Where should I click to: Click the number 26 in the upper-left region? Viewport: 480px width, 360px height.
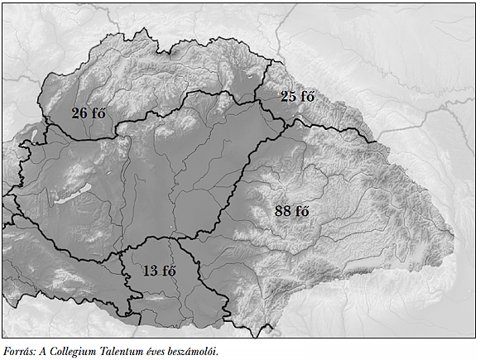tap(79, 113)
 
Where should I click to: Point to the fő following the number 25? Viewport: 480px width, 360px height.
tap(308, 97)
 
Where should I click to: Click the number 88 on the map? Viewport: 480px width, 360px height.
tap(282, 211)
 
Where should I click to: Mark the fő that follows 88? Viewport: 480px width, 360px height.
tap(302, 211)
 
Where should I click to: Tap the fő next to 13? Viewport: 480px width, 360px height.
tap(168, 271)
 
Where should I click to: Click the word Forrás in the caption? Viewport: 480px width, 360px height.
tap(19, 350)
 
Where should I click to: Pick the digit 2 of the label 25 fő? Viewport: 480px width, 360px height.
tap(285, 97)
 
